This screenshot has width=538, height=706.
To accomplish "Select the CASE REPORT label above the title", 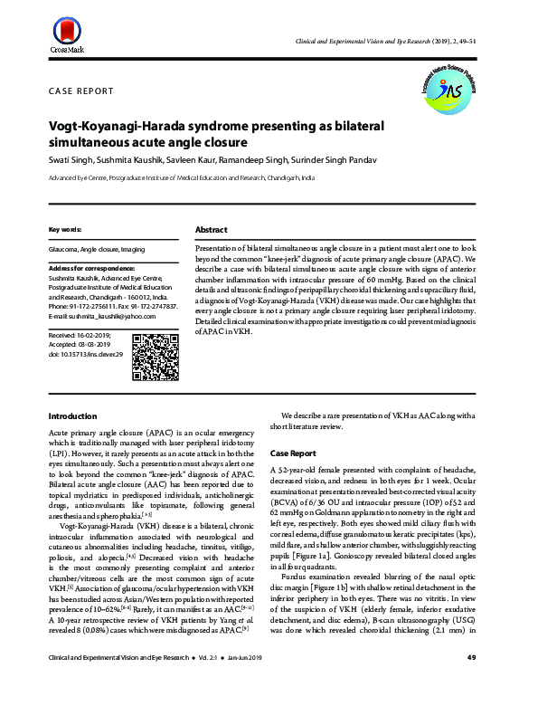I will click(80, 91).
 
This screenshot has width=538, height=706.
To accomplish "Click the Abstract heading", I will click(211, 230).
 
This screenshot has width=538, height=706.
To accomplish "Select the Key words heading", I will click(65, 230).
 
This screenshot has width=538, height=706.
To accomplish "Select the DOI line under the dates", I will click(84, 356).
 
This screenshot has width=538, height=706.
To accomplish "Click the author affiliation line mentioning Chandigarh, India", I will click(181, 179).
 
